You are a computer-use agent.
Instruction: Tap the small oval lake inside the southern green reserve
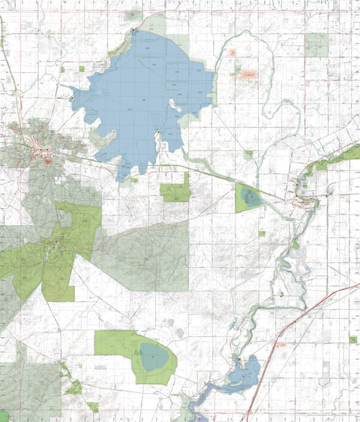click(x=155, y=357)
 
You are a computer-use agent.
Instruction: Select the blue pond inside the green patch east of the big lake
click(x=251, y=198)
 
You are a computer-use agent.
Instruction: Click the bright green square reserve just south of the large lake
click(x=175, y=192)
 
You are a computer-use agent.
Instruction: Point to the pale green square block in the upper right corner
click(x=316, y=45)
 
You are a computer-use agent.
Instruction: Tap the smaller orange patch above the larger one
click(x=232, y=53)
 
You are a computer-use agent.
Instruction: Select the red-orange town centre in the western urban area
click(x=46, y=159)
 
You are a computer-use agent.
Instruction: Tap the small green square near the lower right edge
click(x=352, y=339)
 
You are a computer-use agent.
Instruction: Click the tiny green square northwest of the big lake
click(x=82, y=68)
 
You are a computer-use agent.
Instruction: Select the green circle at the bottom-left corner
click(x=4, y=416)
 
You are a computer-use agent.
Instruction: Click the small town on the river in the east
click(x=307, y=201)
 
